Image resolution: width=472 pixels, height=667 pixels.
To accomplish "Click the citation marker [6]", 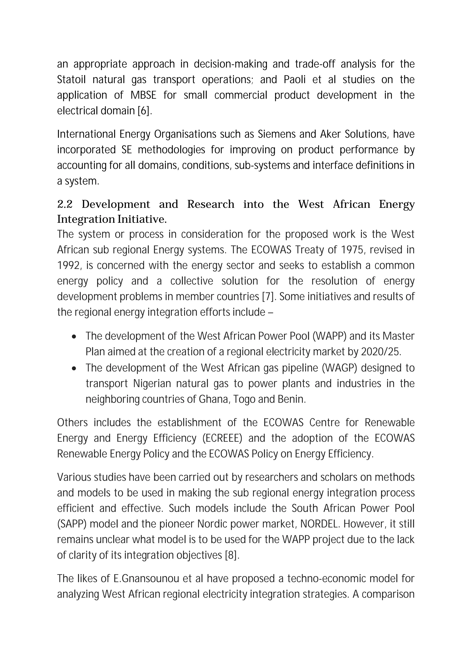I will [x=144, y=111].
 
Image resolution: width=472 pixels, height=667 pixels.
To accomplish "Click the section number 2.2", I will [x=65, y=205].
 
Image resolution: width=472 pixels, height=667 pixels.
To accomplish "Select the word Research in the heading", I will [x=211, y=205].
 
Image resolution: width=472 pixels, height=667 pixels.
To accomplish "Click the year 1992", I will [x=68, y=266].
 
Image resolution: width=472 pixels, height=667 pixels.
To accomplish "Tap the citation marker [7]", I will [x=267, y=297].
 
